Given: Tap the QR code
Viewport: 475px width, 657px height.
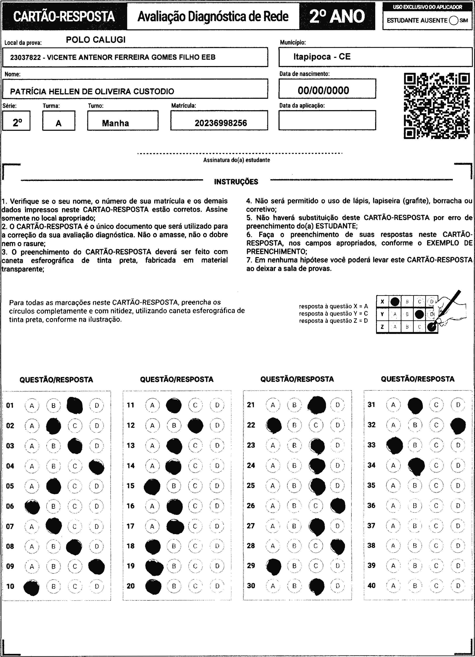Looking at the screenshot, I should coord(437,106).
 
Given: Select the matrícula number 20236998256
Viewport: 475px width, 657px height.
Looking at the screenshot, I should coord(221,123).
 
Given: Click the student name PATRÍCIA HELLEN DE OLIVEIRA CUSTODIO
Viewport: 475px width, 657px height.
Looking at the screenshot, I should coord(92,92).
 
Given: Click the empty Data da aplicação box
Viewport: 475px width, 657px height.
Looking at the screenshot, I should coord(327,120).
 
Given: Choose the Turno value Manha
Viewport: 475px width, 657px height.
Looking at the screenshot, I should coord(115,123).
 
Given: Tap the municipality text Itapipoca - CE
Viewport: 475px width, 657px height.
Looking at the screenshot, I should coord(322,56).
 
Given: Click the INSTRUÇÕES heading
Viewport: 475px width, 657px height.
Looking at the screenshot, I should coord(236,182).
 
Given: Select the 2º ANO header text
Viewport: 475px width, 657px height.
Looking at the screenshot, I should coord(337,16).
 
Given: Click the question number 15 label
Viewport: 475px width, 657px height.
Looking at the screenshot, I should coord(130,486).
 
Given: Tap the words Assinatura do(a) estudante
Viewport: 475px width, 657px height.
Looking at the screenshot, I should coord(236,160).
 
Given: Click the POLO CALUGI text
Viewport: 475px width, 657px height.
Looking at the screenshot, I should coord(96,40).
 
